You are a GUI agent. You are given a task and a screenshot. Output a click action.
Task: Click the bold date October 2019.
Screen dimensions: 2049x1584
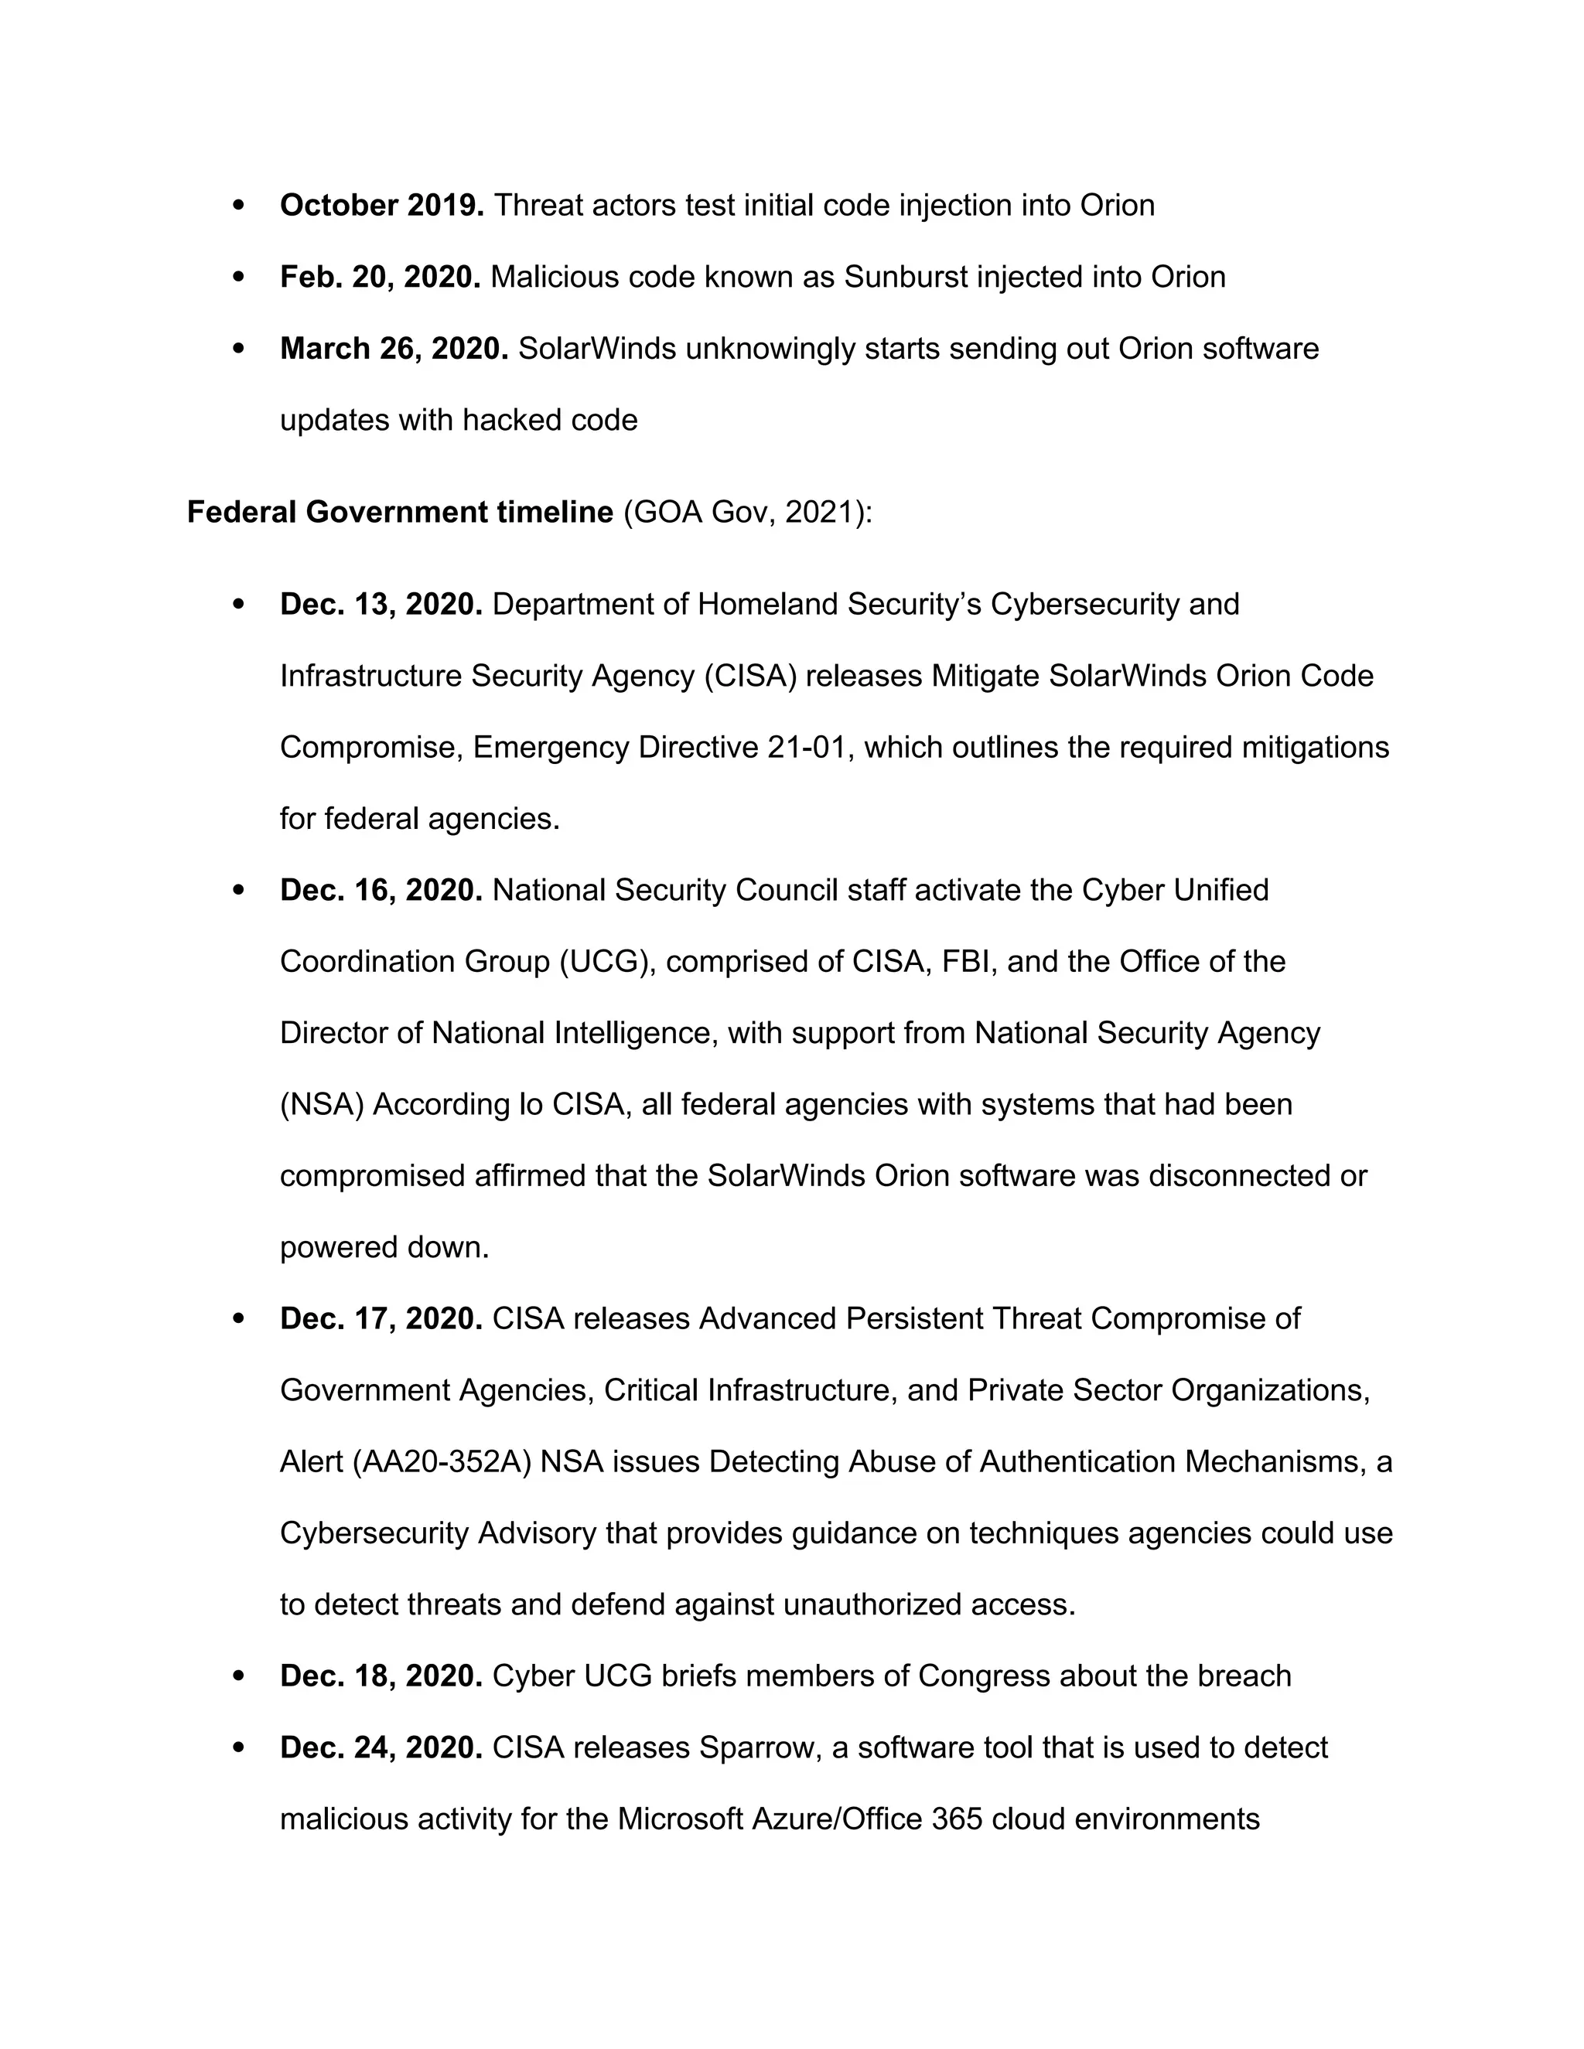[381, 206]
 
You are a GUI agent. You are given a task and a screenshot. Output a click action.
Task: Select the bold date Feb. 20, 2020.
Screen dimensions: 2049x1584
[380, 277]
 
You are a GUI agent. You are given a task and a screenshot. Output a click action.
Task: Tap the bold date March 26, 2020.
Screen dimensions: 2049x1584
[393, 348]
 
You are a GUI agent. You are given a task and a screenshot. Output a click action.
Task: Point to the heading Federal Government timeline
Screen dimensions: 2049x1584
[400, 512]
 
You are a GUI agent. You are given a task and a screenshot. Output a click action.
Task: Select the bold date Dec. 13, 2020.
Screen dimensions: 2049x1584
[381, 604]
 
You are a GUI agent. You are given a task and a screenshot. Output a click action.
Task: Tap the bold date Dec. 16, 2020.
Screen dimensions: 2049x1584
[381, 889]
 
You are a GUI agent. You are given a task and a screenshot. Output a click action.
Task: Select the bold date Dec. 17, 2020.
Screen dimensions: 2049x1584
[381, 1319]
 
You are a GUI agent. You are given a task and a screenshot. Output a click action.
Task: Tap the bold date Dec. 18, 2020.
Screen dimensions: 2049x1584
[381, 1676]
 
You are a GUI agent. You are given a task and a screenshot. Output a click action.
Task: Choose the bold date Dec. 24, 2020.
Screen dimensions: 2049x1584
[381, 1748]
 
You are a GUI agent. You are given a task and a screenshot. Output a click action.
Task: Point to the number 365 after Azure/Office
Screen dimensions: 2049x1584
[958, 1819]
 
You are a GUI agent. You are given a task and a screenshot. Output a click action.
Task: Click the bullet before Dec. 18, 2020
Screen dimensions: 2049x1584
[238, 1676]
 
